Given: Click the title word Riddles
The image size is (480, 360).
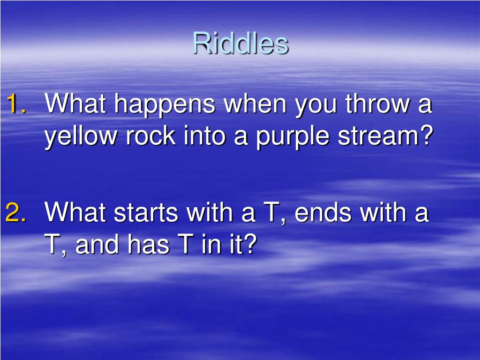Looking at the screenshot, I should (x=240, y=44).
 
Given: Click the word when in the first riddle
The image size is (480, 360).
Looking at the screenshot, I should (x=255, y=104).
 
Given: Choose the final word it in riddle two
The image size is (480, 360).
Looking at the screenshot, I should (x=240, y=245).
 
